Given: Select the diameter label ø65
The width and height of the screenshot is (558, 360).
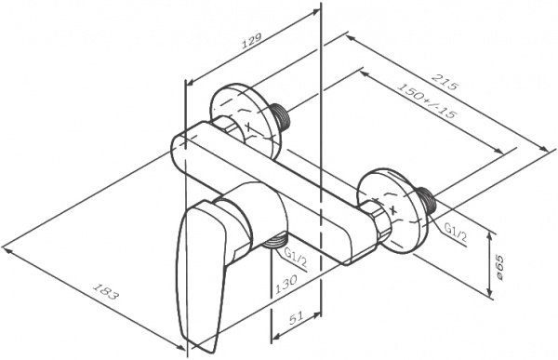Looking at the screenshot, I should [500, 267].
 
